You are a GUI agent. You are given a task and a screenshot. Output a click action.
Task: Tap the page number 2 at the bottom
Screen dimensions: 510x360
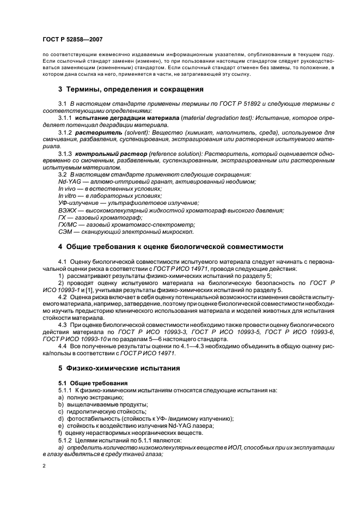coord(44,466)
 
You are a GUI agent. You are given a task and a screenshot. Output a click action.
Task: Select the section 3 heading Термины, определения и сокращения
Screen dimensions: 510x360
coord(131,89)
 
